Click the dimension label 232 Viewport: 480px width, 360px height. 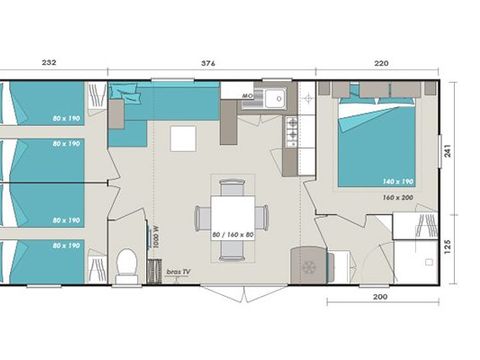49,62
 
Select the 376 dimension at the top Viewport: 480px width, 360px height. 208,62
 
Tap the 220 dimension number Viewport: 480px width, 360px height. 382,62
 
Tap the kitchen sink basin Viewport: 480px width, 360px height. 272,97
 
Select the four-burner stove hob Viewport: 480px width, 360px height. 293,130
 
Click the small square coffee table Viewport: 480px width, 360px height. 182,138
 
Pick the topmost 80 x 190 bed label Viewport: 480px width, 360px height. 67,118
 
